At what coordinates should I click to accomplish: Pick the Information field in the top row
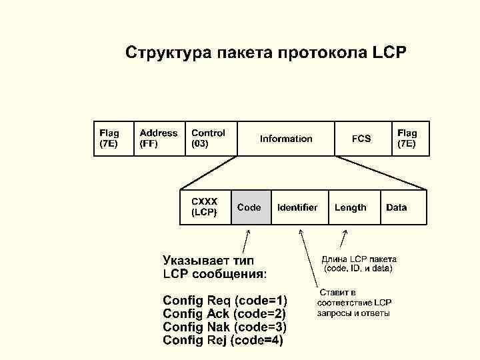click(x=286, y=139)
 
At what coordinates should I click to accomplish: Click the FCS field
click(x=361, y=139)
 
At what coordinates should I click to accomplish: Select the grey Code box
click(x=251, y=207)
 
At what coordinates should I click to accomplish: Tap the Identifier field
click(x=297, y=207)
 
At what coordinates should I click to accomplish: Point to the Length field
click(x=351, y=207)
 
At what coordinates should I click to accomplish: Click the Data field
click(x=397, y=207)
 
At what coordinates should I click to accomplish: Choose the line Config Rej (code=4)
click(x=223, y=340)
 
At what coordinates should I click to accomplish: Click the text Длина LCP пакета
click(x=359, y=259)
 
